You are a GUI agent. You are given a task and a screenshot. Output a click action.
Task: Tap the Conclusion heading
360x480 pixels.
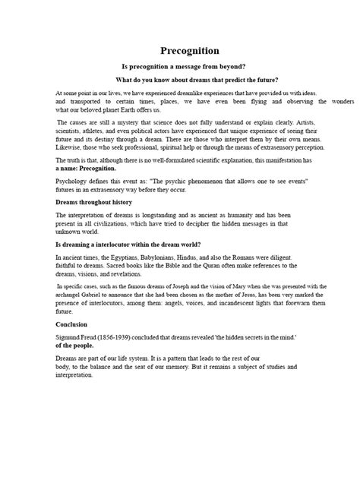coord(72,323)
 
